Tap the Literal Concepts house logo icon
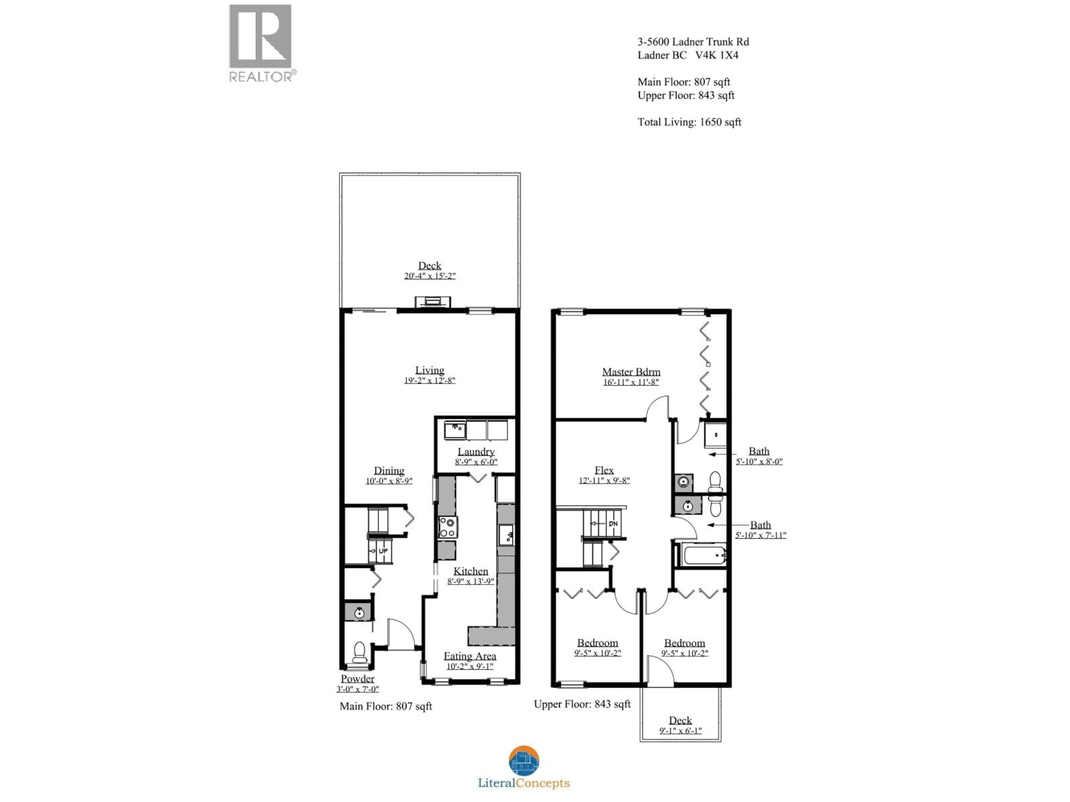(524, 761)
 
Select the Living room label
(430, 370)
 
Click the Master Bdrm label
(631, 372)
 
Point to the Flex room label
(604, 470)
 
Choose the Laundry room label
(476, 451)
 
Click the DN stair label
(613, 524)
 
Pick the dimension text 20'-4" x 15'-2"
(430, 276)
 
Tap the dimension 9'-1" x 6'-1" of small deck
(680, 730)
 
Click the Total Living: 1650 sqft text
(689, 122)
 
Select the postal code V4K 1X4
(717, 55)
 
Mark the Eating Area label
(470, 656)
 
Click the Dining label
(389, 470)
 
